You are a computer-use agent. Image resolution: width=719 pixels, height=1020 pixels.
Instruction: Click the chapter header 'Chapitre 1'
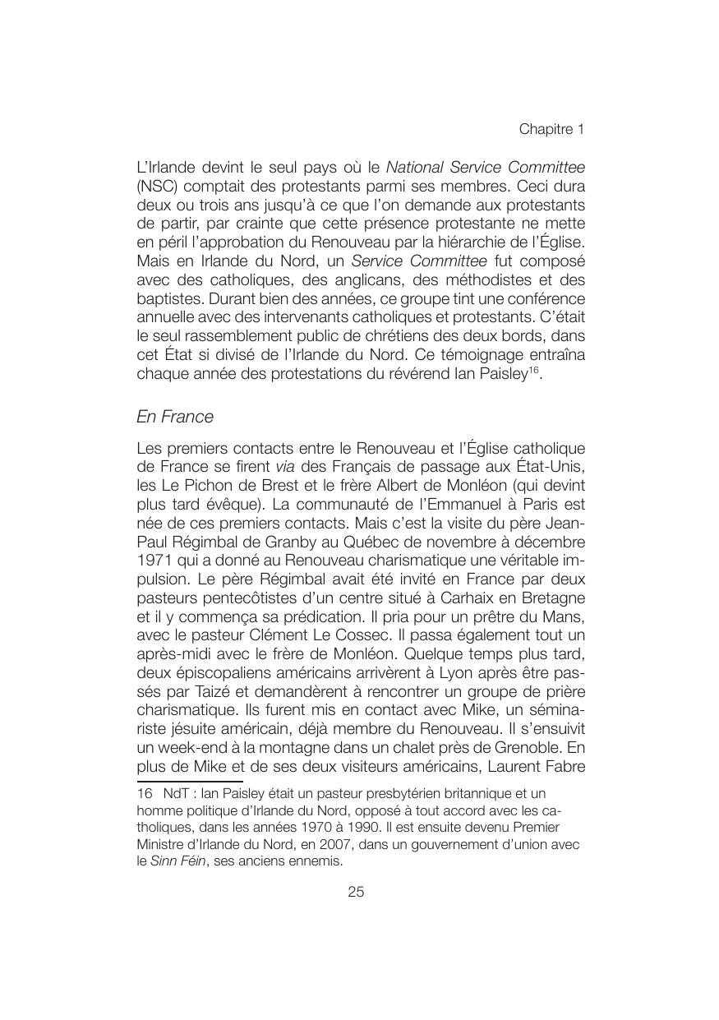[551, 130]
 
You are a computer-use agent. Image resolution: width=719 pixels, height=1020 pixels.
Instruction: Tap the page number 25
[356, 892]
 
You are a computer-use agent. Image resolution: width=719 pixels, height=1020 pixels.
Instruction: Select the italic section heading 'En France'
[175, 417]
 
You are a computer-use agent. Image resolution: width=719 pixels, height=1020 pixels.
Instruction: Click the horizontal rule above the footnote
[191, 781]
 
